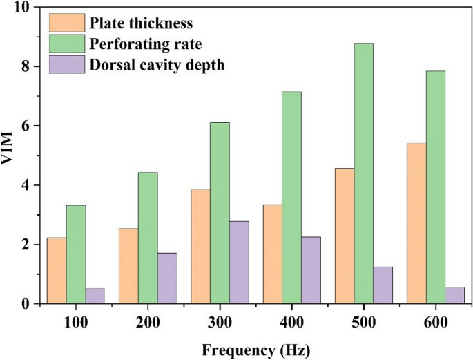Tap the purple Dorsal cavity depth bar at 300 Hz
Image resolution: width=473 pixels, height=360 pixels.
click(x=239, y=263)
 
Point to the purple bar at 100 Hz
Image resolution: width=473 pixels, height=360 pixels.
click(x=95, y=296)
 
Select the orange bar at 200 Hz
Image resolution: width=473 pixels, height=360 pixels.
click(x=128, y=266)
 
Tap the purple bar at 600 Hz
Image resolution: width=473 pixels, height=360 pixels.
click(x=455, y=296)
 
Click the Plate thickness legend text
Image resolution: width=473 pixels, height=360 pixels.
click(x=141, y=24)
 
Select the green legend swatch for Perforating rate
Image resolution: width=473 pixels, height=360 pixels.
click(x=67, y=44)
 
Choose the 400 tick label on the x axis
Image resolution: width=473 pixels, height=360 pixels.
click(x=291, y=321)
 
